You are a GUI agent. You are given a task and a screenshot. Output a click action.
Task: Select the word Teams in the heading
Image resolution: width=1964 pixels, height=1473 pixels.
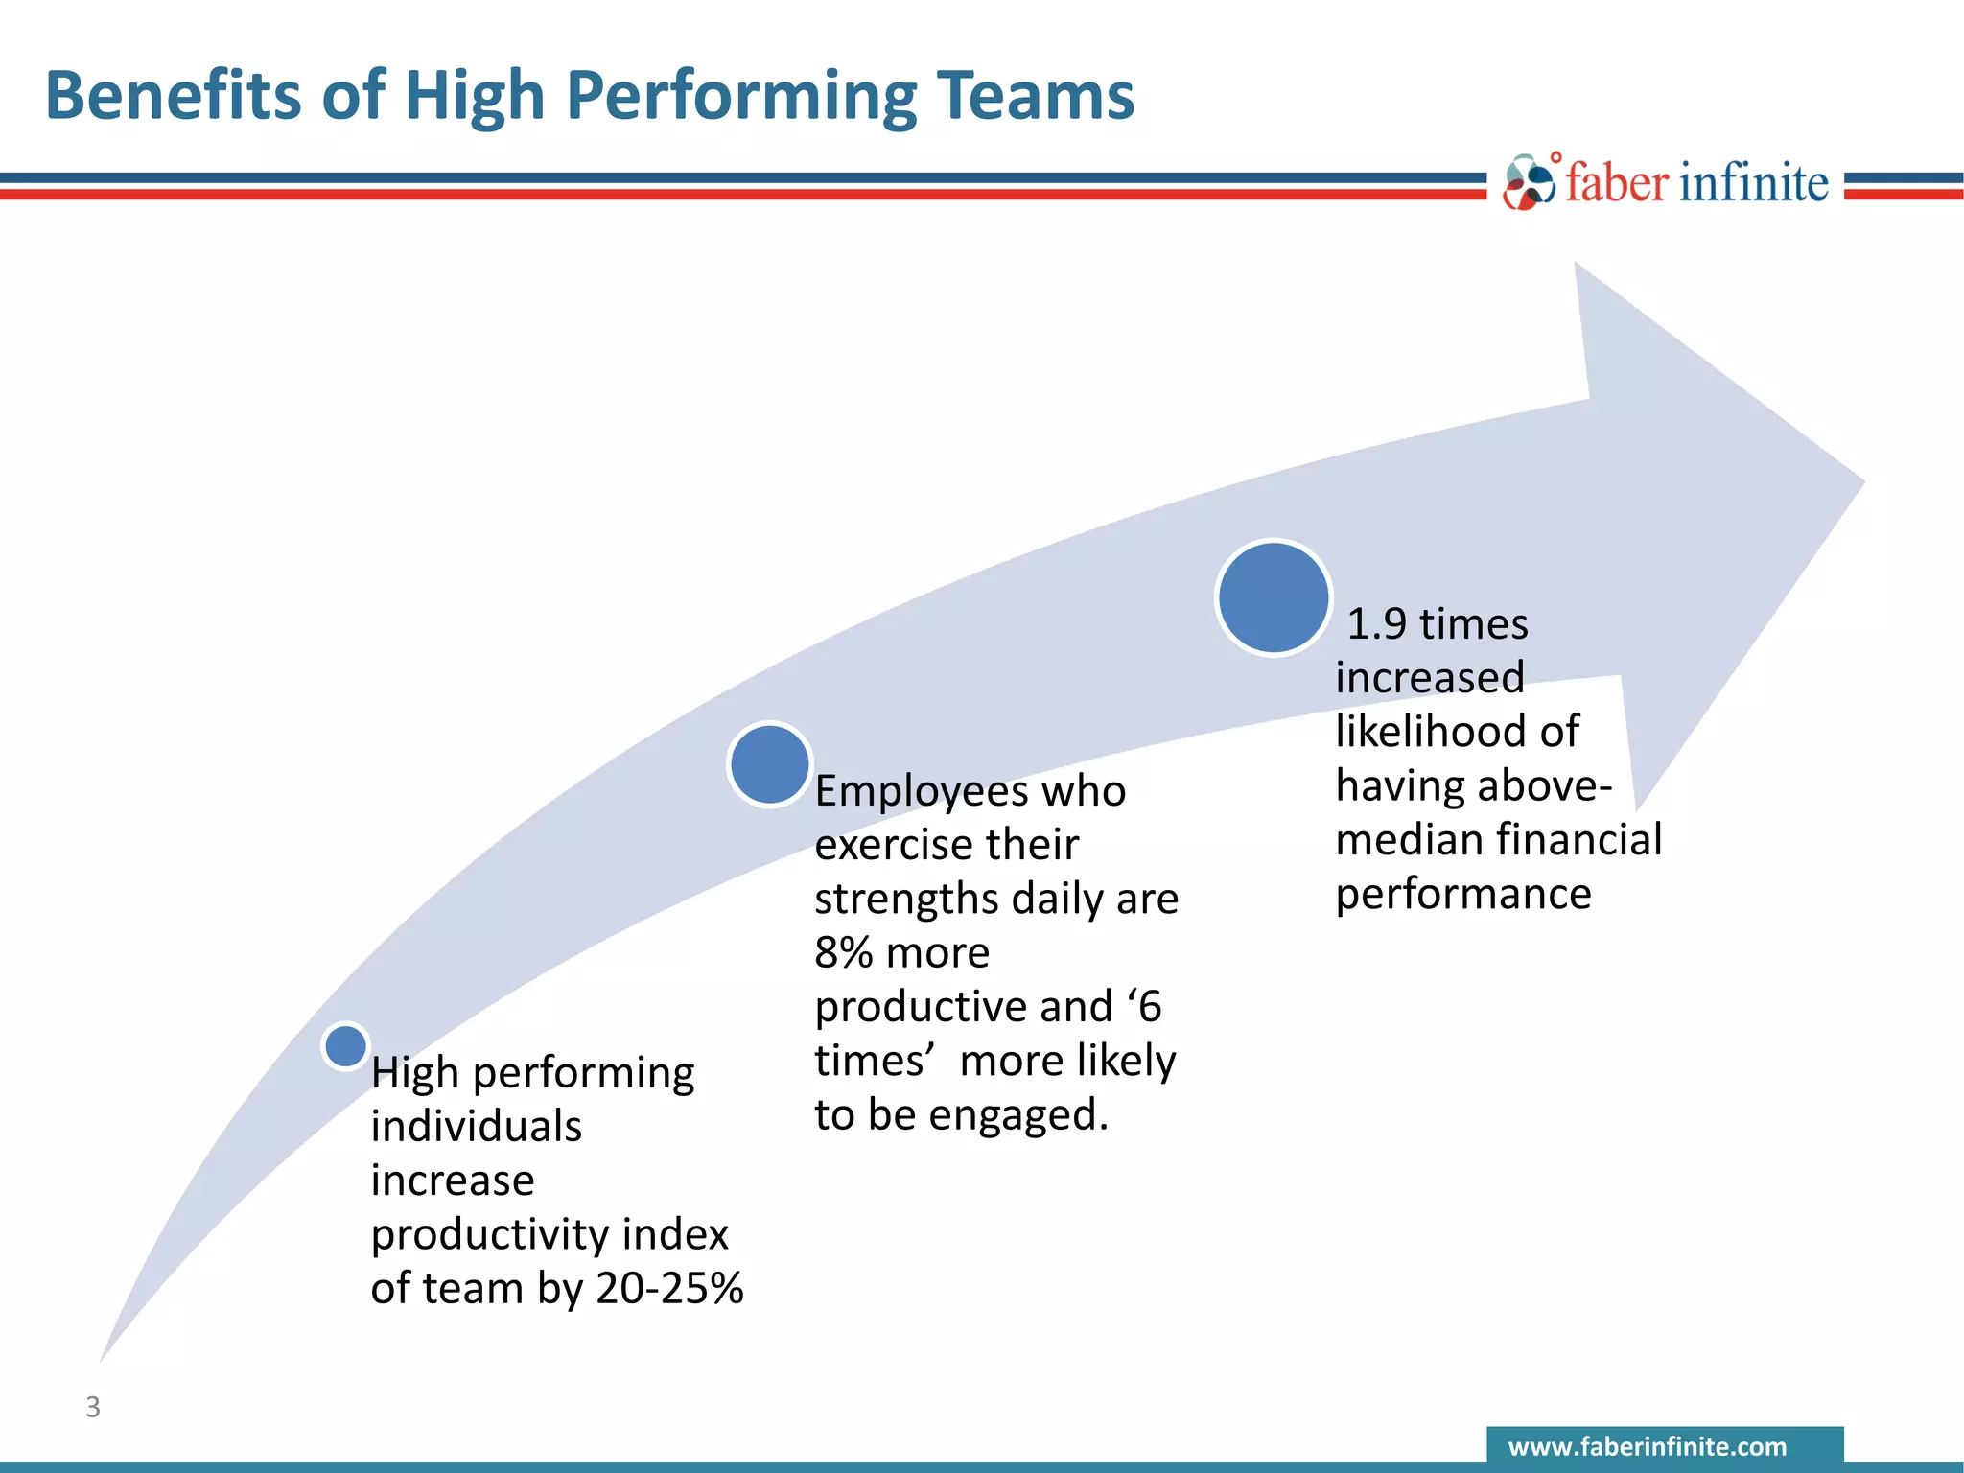[x=1035, y=97]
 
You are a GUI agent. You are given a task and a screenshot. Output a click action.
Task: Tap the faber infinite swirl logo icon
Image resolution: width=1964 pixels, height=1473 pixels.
[x=1529, y=182]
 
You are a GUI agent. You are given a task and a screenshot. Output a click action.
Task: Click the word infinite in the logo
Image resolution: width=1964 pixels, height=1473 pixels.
[x=1754, y=182]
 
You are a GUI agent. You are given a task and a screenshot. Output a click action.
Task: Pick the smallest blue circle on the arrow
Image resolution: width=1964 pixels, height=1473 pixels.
[x=345, y=1045]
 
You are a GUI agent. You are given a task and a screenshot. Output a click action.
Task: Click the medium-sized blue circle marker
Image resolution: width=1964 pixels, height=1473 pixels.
[x=770, y=764]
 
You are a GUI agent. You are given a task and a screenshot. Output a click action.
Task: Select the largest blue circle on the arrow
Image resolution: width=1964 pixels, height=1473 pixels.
[x=1274, y=597]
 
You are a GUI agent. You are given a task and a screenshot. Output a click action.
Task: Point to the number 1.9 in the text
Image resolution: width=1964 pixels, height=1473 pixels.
[x=1376, y=624]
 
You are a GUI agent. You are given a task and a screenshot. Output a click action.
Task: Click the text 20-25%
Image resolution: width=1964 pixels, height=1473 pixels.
[x=669, y=1288]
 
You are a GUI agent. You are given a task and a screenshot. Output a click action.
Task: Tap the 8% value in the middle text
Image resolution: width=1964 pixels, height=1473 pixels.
[x=843, y=953]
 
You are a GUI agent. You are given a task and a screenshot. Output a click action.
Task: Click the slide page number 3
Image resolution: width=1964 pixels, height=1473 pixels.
[x=93, y=1407]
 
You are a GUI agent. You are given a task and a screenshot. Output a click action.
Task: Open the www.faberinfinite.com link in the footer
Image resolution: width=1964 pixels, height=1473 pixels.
[x=1648, y=1446]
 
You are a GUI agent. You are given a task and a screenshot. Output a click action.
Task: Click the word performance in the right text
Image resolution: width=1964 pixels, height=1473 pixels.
[x=1463, y=895]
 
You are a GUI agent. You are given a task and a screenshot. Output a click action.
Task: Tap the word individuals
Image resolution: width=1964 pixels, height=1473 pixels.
[x=477, y=1127]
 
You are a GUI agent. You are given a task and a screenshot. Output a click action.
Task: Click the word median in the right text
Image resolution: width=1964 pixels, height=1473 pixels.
[x=1401, y=840]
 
